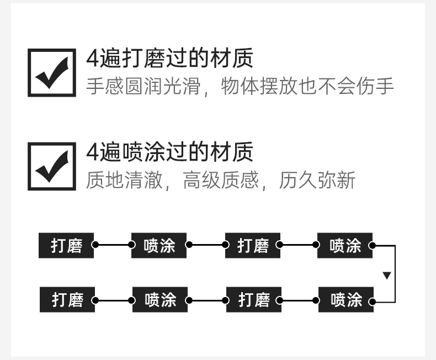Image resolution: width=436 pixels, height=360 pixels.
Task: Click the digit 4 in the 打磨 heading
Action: (93, 58)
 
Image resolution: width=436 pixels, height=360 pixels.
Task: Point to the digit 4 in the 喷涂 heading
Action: (93, 152)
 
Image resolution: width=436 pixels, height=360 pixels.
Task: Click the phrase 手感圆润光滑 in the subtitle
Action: (143, 86)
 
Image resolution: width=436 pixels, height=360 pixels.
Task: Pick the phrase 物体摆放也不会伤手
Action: (307, 86)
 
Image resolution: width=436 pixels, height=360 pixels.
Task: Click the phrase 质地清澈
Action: (124, 180)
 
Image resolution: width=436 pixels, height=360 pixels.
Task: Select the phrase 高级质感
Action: (221, 180)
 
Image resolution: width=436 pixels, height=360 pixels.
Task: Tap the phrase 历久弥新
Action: (317, 180)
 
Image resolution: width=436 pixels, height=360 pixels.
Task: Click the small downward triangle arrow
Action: (387, 276)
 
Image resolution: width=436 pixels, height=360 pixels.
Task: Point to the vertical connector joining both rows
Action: (395, 274)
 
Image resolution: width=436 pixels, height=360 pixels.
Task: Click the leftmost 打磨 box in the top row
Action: (66, 245)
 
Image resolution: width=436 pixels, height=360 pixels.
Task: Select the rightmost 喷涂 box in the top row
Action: (345, 245)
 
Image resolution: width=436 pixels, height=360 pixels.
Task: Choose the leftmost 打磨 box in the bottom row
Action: (67, 300)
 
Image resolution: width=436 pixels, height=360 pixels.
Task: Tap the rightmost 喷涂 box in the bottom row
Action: (346, 300)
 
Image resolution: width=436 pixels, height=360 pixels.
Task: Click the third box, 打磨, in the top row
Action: (253, 245)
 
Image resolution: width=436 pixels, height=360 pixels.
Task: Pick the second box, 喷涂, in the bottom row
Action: (160, 300)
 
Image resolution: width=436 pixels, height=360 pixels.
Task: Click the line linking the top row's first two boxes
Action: (114, 245)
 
